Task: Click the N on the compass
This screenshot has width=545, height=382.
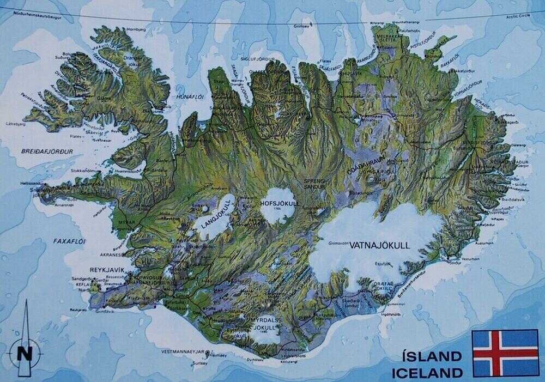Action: pos(25,351)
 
